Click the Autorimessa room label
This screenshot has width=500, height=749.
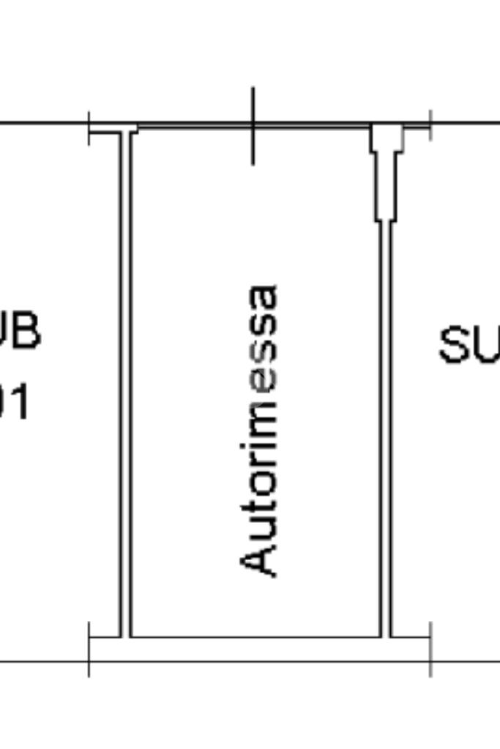(259, 431)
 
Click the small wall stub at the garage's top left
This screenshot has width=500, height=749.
(117, 131)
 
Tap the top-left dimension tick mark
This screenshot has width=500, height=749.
(89, 128)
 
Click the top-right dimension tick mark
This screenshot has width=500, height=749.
(430, 125)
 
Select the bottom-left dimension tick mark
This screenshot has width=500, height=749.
(89, 649)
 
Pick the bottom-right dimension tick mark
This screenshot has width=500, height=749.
(430, 649)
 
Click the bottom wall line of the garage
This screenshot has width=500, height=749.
(256, 637)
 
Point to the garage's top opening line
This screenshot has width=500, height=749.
(253, 128)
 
